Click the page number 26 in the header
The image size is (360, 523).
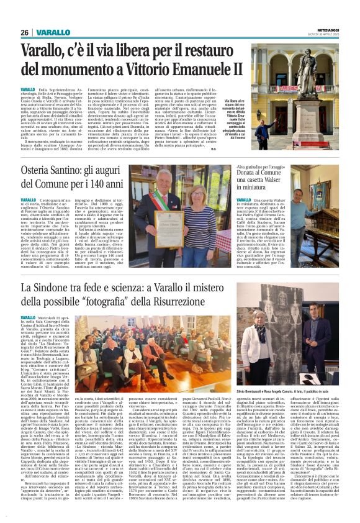(x=25, y=32)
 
